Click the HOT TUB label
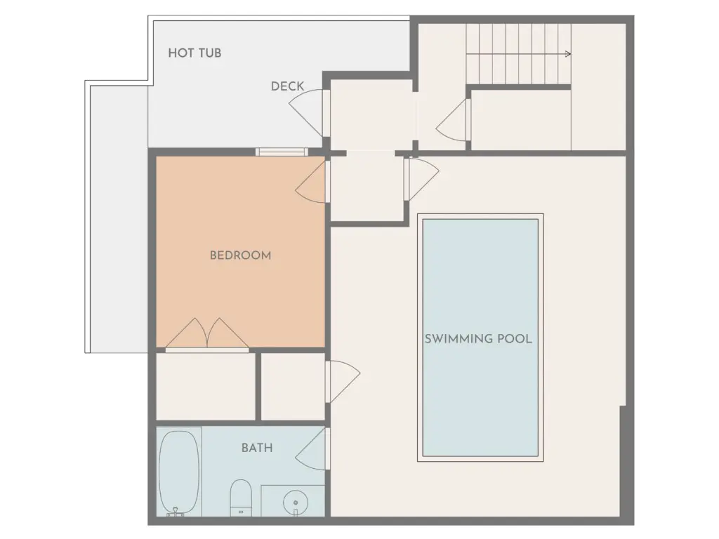click(x=194, y=53)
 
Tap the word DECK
click(x=287, y=86)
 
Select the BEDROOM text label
click(x=240, y=255)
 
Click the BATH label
click(x=257, y=448)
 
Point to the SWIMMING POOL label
click(x=478, y=339)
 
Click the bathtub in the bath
click(x=179, y=472)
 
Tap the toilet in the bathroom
click(x=241, y=498)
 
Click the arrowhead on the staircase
click(x=568, y=54)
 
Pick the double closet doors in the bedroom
click(x=207, y=333)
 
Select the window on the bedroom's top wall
click(x=281, y=152)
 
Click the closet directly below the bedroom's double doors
click(x=206, y=387)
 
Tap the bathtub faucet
click(x=175, y=512)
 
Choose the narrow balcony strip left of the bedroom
click(x=119, y=219)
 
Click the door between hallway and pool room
click(x=422, y=179)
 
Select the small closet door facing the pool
click(x=343, y=382)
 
